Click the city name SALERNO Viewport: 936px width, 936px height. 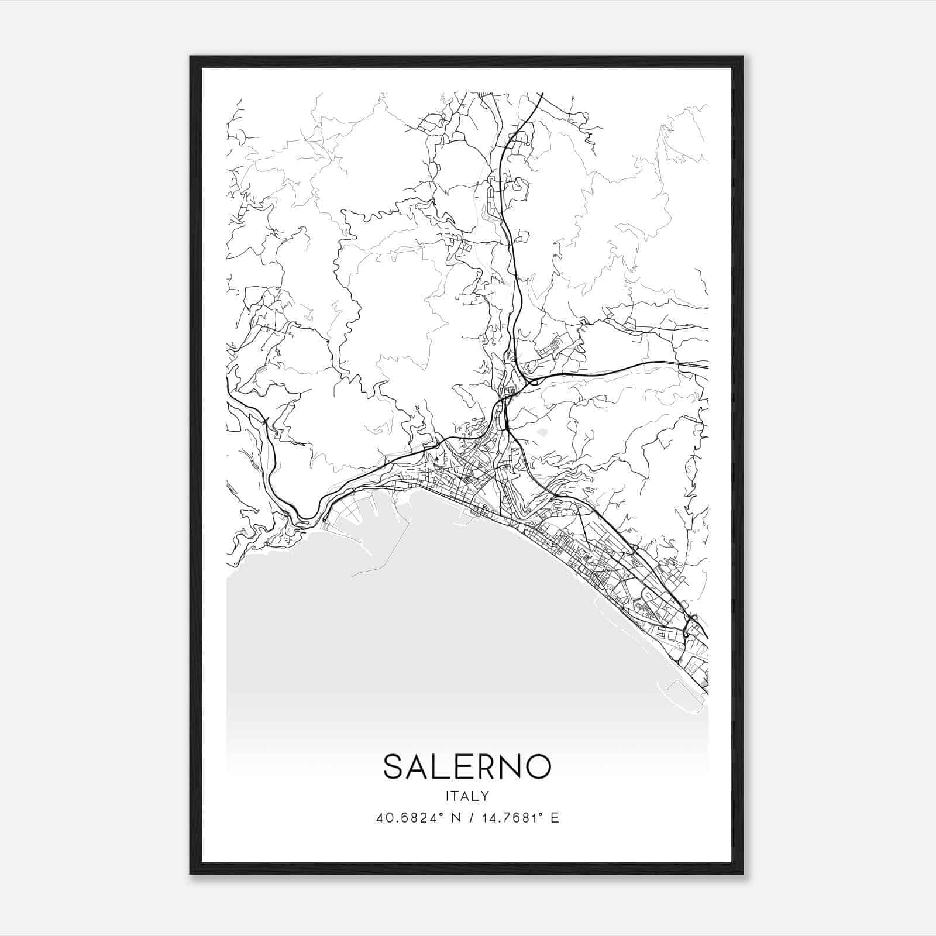467,766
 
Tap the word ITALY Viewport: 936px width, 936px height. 467,796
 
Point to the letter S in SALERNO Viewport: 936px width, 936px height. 393,766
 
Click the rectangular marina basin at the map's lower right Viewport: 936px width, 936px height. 684,696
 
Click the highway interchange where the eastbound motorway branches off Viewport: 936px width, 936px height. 529,381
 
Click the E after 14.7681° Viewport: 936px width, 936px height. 555,818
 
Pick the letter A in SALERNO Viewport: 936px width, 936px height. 417,766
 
